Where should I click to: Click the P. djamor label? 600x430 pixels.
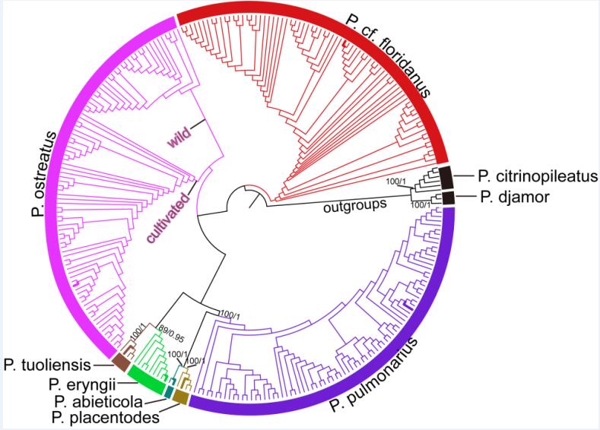click(x=506, y=198)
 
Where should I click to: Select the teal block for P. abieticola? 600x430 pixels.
click(x=169, y=391)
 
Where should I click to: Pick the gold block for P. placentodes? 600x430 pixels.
click(x=180, y=396)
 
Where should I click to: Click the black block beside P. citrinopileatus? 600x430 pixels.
click(x=445, y=177)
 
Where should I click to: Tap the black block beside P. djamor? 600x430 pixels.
click(x=448, y=198)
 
